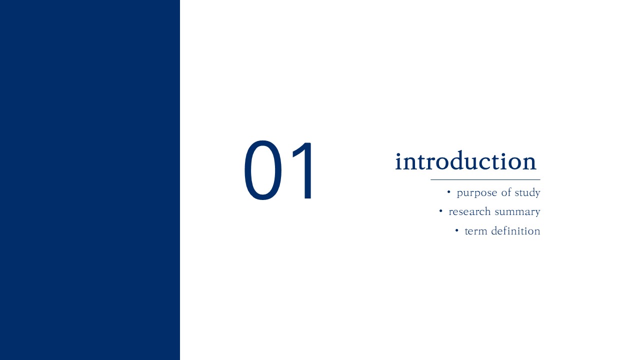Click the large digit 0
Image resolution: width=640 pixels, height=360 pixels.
tap(263, 170)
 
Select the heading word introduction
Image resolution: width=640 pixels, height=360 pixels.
tap(465, 160)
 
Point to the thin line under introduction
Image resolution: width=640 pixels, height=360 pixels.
tap(485, 179)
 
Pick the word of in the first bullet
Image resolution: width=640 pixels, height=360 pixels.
tap(506, 192)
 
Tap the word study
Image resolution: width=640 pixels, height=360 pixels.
tap(527, 192)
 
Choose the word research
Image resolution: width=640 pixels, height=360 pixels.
tap(469, 211)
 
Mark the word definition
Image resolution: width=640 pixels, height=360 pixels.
tap(515, 230)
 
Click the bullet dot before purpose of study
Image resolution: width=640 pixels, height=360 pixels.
tap(448, 191)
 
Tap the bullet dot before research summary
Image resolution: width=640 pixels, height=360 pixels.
tap(440, 211)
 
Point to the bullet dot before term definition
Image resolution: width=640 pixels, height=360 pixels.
tap(456, 230)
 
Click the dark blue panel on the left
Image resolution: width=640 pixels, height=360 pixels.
tap(90, 180)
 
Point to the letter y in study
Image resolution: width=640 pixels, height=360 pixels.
tap(536, 193)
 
